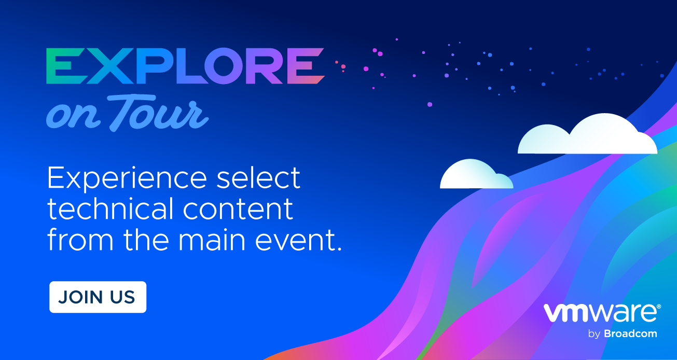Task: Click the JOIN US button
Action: [x=98, y=297]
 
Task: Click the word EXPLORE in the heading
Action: [x=185, y=66]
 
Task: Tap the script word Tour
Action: [x=158, y=113]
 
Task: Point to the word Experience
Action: [x=127, y=178]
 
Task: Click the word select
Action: [x=258, y=177]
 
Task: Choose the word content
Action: [x=238, y=209]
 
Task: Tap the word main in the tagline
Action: [x=212, y=240]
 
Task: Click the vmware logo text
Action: [x=600, y=313]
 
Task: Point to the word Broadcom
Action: [x=630, y=334]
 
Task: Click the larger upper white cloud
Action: [x=588, y=134]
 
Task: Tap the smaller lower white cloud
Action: [x=477, y=174]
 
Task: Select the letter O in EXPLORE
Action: [x=225, y=66]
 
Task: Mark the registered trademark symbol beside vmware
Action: [x=659, y=307]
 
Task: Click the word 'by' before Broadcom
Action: [x=594, y=334]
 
